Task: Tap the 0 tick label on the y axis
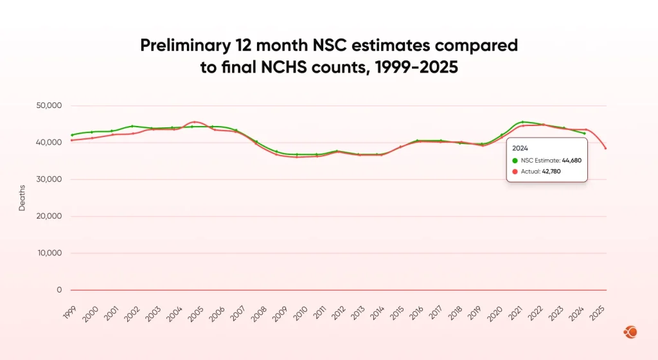59,290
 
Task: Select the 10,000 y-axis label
49,253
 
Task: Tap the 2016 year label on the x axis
416,313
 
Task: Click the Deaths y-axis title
22,198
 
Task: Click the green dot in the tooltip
515,160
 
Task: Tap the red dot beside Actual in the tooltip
515,172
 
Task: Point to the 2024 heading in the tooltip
520,147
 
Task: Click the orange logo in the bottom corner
630,332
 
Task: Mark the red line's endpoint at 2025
605,148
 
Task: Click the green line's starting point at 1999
72,135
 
